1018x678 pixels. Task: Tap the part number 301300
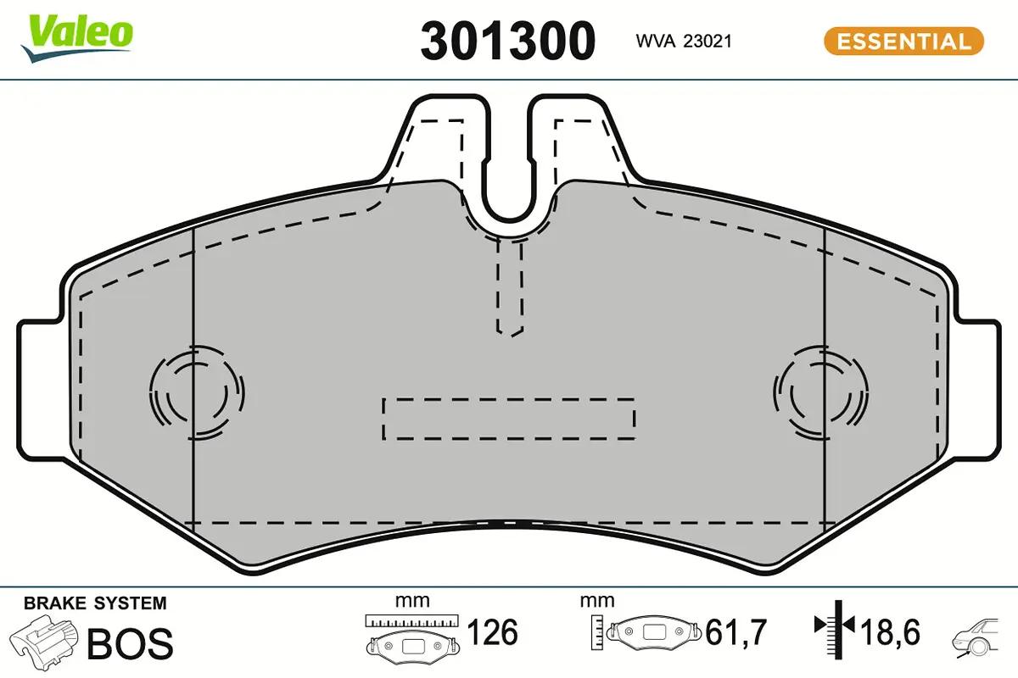(508, 41)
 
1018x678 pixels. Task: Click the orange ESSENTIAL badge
(903, 41)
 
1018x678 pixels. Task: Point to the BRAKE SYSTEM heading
(95, 604)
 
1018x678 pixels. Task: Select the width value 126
(493, 633)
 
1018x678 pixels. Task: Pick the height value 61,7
(736, 633)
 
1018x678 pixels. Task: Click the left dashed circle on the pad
(196, 392)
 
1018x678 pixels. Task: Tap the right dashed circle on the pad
(819, 392)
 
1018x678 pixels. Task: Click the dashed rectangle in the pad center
(509, 418)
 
